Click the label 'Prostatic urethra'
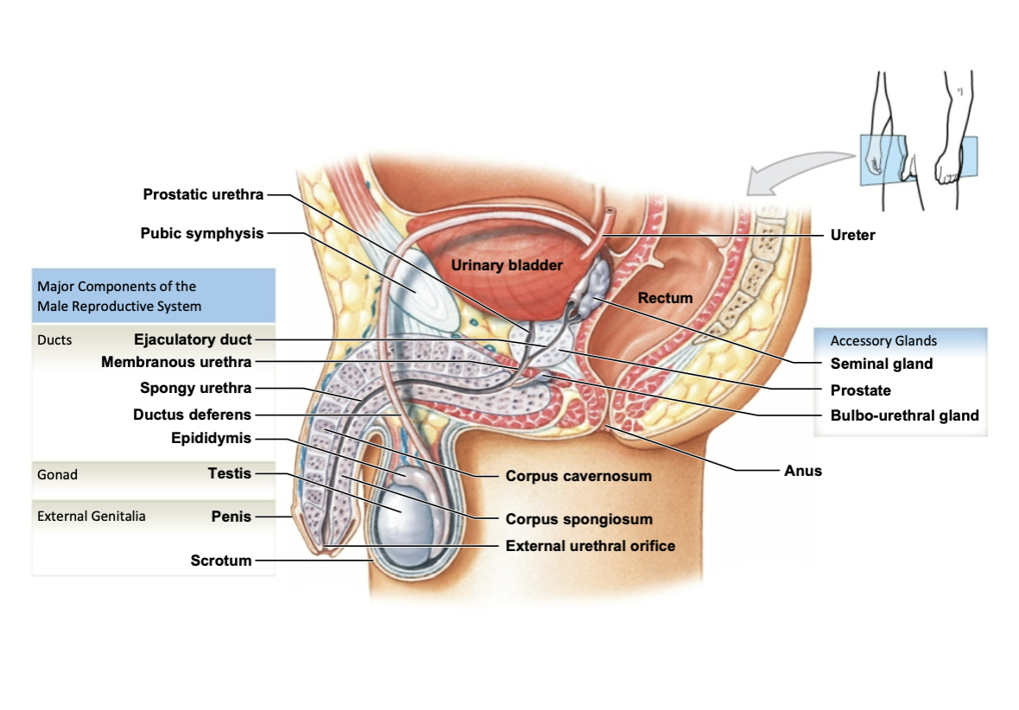(203, 194)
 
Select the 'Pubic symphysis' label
(202, 233)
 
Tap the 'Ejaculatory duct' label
(193, 339)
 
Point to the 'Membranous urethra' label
(176, 362)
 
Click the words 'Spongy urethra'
(196, 388)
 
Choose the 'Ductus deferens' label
(192, 415)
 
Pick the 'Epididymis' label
(211, 438)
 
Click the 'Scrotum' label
(221, 561)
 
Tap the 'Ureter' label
(852, 235)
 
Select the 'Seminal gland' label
(882, 364)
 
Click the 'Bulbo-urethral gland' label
(904, 415)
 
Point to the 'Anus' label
(803, 471)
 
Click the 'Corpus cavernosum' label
(579, 476)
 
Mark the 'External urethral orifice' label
(590, 546)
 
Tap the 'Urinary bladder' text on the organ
(506, 265)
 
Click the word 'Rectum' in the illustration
(665, 298)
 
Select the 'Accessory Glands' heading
(883, 340)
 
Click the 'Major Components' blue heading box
(153, 295)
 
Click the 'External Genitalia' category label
(92, 517)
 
